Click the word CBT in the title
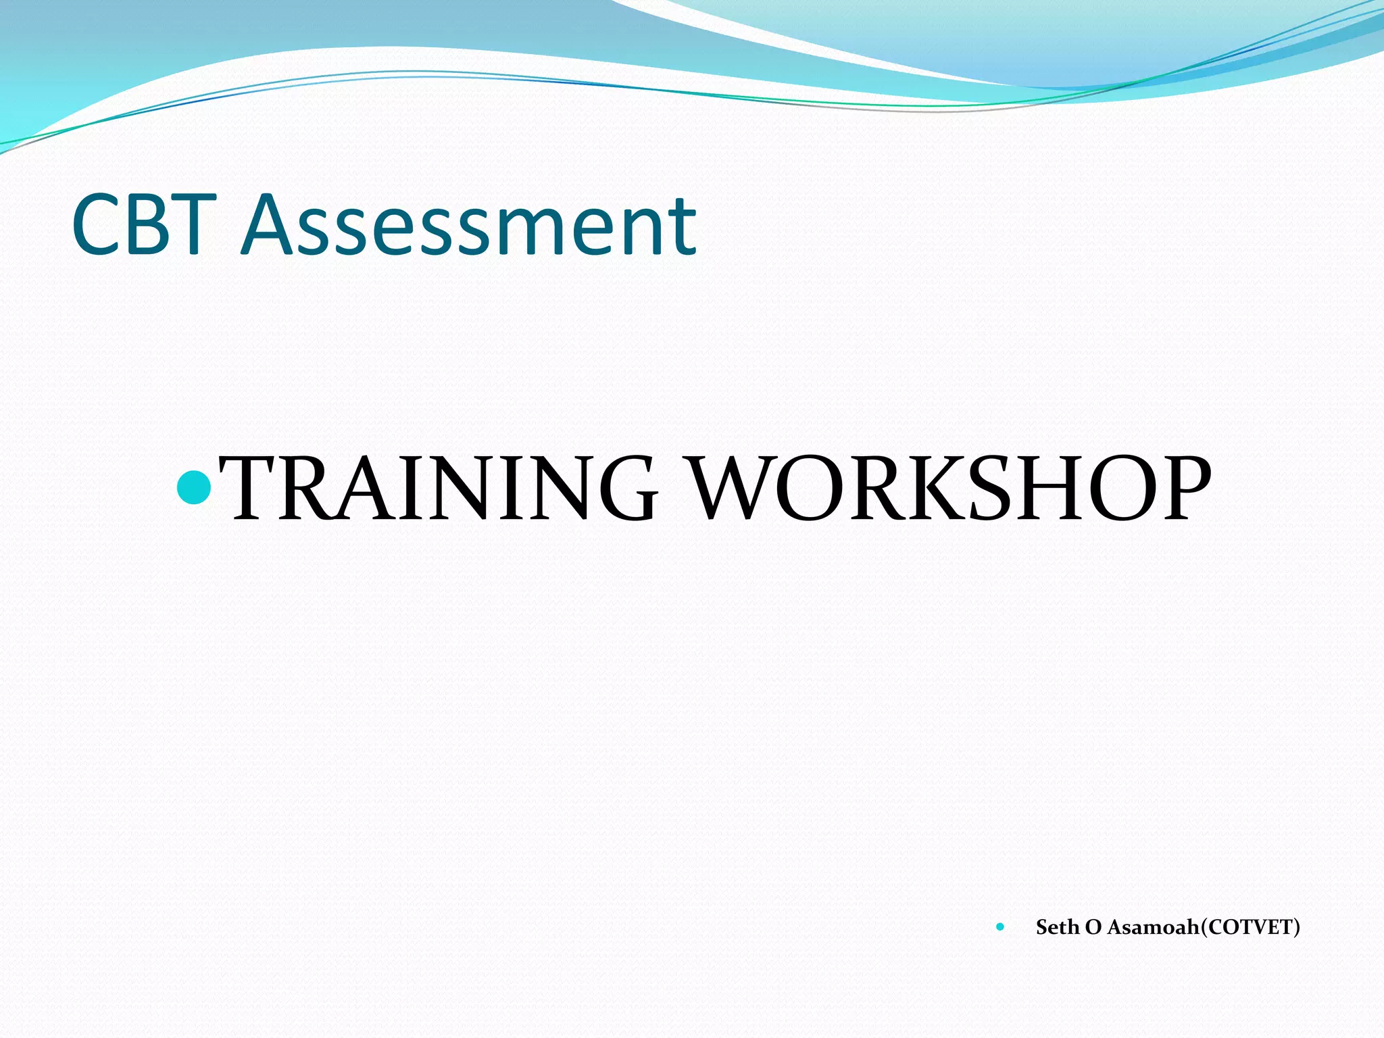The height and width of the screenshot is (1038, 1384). [x=144, y=224]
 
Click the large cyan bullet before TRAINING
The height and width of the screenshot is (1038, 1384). [x=194, y=487]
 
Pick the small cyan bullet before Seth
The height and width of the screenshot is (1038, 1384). [x=1000, y=927]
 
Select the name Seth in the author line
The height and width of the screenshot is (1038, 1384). [x=1057, y=927]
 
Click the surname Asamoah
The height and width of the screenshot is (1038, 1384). [x=1153, y=927]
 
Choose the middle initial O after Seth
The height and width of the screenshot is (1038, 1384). [x=1093, y=927]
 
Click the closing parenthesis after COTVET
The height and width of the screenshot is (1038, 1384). [x=1296, y=927]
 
